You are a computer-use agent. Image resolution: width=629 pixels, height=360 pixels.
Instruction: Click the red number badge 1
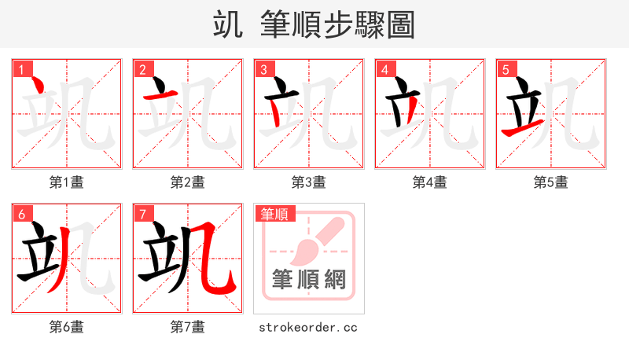(x=21, y=69)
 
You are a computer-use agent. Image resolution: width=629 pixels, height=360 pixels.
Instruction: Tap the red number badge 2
(x=142, y=69)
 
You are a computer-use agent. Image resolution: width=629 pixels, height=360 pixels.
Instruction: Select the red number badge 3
(x=263, y=69)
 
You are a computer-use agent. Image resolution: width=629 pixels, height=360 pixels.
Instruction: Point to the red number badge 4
(x=384, y=69)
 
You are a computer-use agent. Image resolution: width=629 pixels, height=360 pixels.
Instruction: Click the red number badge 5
(x=506, y=69)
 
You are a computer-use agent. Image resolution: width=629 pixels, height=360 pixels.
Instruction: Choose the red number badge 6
(x=21, y=214)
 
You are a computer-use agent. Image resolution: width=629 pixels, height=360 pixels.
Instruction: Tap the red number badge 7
(x=142, y=214)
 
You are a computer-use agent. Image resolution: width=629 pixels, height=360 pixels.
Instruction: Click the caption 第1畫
(x=67, y=182)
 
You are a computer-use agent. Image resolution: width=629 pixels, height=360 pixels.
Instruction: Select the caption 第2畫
(x=188, y=182)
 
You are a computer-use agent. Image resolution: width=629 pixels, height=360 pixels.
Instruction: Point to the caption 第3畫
(x=309, y=182)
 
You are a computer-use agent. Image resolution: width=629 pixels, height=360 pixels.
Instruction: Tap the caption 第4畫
(x=430, y=182)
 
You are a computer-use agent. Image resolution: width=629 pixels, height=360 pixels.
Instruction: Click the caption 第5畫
(x=551, y=182)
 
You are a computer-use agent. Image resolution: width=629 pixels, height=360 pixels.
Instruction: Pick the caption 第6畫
(x=67, y=326)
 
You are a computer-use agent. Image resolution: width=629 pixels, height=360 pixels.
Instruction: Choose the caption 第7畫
(x=188, y=326)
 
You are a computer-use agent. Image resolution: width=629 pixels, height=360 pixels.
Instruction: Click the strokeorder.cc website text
(x=308, y=326)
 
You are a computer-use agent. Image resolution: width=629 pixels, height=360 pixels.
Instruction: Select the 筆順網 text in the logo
(x=309, y=279)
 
